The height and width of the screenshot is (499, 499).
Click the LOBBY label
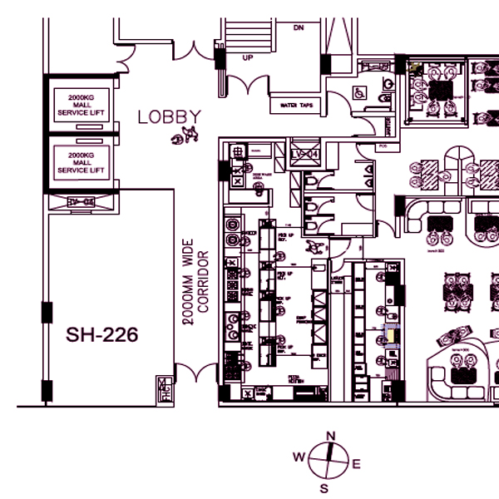(170, 117)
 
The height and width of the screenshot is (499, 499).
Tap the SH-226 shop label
(101, 336)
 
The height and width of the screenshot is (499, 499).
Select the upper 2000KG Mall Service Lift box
(82, 103)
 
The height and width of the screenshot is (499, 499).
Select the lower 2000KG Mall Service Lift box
(82, 162)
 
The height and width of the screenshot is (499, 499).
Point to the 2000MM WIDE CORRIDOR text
(195, 284)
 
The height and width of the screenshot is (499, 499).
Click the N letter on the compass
(330, 436)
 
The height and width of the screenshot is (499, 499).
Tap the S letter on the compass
(324, 487)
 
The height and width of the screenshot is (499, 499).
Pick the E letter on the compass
(356, 464)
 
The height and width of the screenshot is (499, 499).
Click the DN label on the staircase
(299, 27)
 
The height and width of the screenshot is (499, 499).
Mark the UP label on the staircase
(247, 58)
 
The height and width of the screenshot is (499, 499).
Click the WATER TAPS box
(295, 106)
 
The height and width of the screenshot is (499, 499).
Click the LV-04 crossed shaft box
(304, 154)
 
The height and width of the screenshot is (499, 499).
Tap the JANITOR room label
(388, 125)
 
